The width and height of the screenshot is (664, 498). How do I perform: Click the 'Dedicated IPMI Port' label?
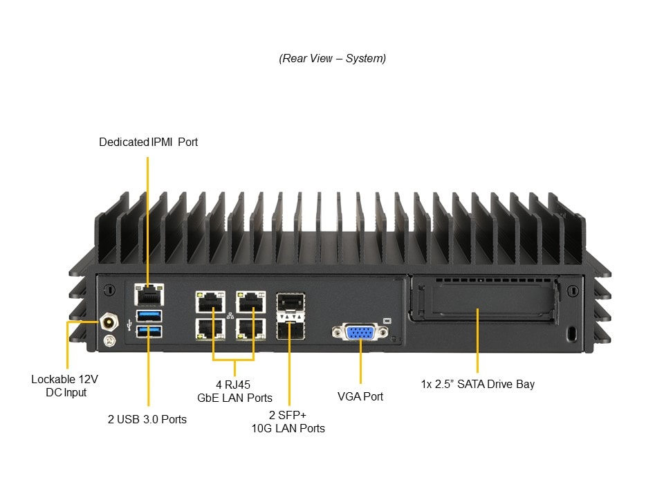pyautogui.click(x=148, y=142)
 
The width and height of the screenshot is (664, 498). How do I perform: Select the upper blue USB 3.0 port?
pyautogui.click(x=149, y=316)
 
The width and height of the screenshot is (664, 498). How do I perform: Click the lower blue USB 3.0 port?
pyautogui.click(x=149, y=331)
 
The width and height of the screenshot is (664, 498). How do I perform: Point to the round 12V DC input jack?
pyautogui.click(x=109, y=322)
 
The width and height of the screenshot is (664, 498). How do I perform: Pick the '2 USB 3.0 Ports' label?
pyautogui.click(x=147, y=419)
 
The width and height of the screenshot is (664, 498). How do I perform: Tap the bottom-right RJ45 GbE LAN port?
pyautogui.click(x=251, y=328)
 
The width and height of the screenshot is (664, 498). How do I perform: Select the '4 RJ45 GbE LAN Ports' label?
pyautogui.click(x=234, y=391)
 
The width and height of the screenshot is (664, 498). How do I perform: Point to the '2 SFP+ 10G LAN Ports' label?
pyautogui.click(x=288, y=421)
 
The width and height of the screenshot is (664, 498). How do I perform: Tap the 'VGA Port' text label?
pyautogui.click(x=360, y=396)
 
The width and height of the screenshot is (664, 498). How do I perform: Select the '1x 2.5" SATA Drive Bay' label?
pyautogui.click(x=478, y=384)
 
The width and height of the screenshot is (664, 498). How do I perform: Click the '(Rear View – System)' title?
pyautogui.click(x=333, y=59)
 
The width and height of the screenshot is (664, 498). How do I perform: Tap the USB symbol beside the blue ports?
pyautogui.click(x=129, y=323)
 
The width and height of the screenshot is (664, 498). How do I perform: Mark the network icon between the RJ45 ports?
pyautogui.click(x=230, y=316)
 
